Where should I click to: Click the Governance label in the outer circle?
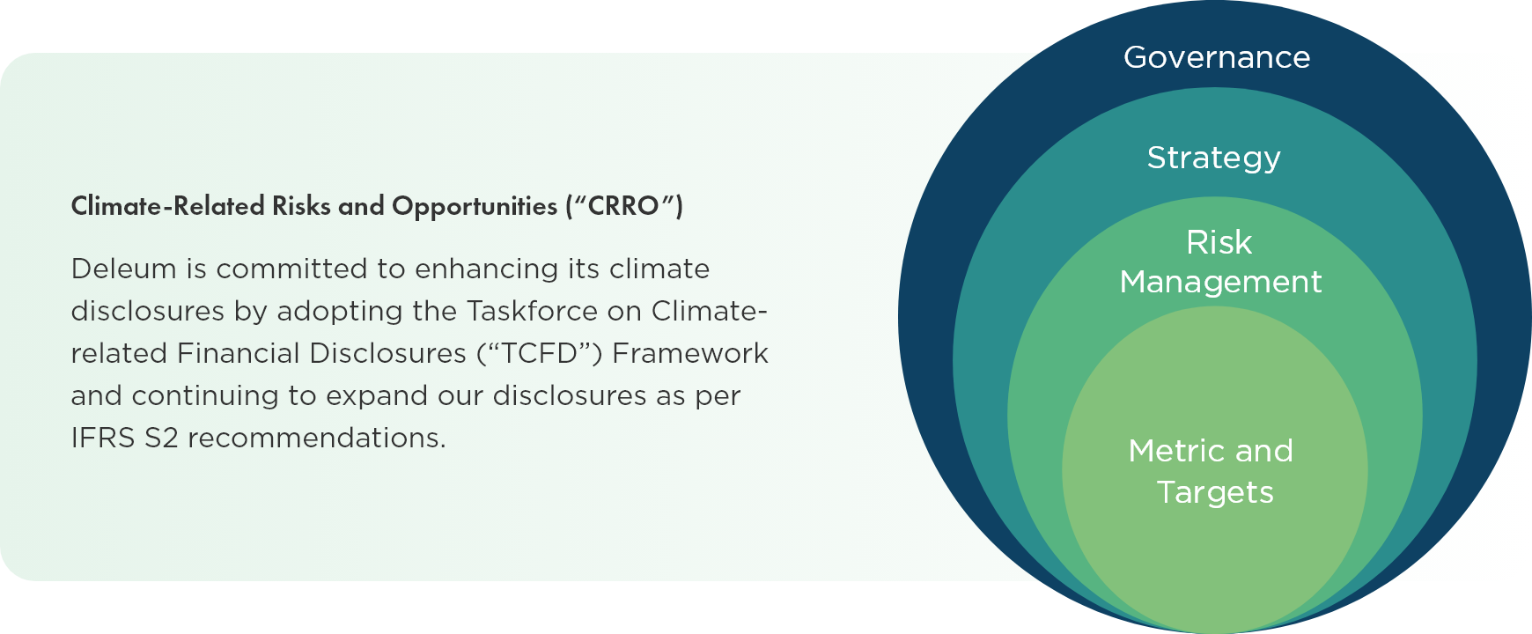click(1217, 58)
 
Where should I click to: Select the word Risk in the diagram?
click(1219, 242)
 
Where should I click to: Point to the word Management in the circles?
click(1220, 283)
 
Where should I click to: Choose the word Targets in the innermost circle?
click(1215, 493)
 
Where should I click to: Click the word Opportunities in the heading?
click(475, 206)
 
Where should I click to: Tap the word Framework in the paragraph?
click(690, 353)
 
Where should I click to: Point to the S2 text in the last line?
click(162, 438)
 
